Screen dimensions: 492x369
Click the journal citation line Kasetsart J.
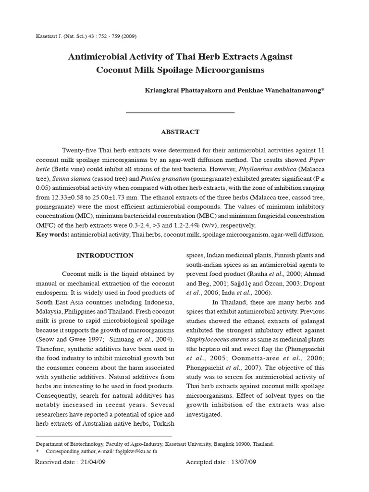82,37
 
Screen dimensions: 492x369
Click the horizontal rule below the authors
180,113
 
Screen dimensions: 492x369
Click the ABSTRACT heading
180,132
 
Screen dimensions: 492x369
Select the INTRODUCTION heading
105,255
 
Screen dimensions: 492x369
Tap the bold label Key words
52,234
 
